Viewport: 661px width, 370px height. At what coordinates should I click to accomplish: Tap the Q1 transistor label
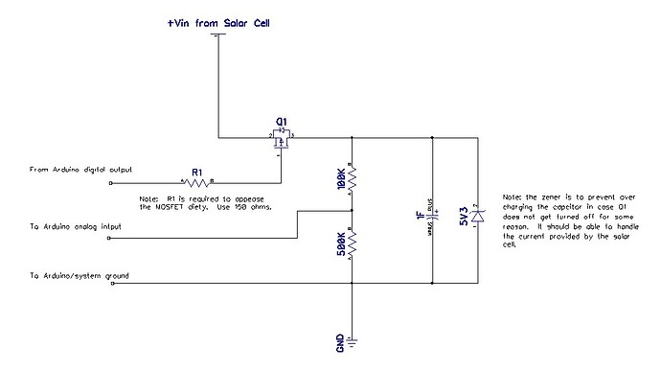[282, 122]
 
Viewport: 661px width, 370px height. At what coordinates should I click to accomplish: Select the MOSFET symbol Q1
[282, 140]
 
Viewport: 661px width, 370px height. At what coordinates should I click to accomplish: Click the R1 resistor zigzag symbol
[196, 181]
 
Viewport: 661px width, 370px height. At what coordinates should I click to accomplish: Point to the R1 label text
[196, 171]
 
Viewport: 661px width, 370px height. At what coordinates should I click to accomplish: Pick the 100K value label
[341, 177]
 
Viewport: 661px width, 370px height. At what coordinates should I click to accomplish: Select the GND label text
[340, 341]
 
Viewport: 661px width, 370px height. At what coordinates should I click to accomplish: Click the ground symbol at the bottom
[352, 339]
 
